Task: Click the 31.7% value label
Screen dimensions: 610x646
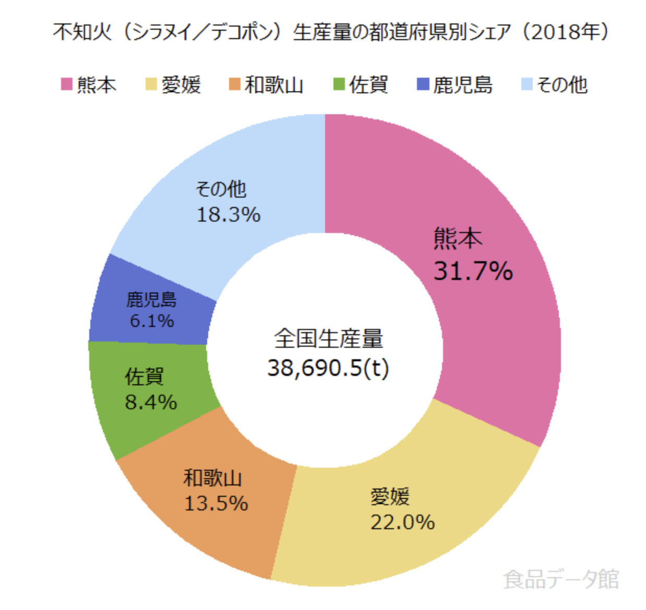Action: pyautogui.click(x=473, y=271)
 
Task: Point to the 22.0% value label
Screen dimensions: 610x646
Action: pyautogui.click(x=402, y=522)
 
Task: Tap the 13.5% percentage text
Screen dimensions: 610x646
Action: pyautogui.click(x=216, y=503)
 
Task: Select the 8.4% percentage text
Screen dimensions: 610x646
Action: pyautogui.click(x=151, y=402)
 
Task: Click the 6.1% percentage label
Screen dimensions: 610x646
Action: pyautogui.click(x=151, y=321)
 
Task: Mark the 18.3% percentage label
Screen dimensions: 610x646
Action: pyautogui.click(x=228, y=214)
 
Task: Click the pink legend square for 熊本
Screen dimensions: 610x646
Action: pyautogui.click(x=67, y=84)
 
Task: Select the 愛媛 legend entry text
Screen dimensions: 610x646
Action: pyautogui.click(x=181, y=84)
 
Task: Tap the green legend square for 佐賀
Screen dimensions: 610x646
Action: pyautogui.click(x=339, y=84)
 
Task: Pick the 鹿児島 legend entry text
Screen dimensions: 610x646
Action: pyautogui.click(x=462, y=84)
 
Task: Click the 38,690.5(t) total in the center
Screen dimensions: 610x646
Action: pyautogui.click(x=328, y=368)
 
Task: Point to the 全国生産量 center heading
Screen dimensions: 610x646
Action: pyautogui.click(x=328, y=338)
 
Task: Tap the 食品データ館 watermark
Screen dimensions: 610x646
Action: pyautogui.click(x=561, y=579)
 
